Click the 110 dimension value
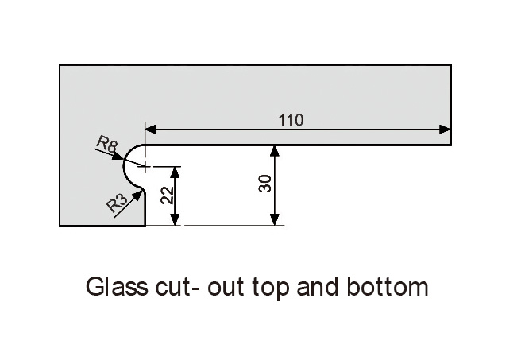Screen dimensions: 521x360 (x=291, y=120)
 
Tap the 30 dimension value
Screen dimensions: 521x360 (x=264, y=184)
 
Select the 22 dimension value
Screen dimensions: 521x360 (x=167, y=195)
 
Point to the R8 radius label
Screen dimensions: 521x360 (x=107, y=145)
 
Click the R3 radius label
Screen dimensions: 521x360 (x=117, y=203)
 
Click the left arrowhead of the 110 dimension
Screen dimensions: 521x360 (x=151, y=130)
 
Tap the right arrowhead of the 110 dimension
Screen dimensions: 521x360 (x=445, y=130)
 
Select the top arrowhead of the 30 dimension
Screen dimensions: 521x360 (x=275, y=151)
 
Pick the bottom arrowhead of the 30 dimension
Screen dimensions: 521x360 (x=275, y=220)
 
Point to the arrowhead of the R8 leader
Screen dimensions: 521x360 (x=118, y=157)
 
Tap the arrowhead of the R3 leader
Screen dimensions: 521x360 (x=137, y=197)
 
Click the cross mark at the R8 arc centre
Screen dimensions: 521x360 (x=145, y=166)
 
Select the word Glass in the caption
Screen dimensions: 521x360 (x=117, y=286)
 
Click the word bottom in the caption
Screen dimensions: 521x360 (x=388, y=286)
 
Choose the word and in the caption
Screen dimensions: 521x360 (x=317, y=286)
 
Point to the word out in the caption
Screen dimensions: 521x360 (x=226, y=287)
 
